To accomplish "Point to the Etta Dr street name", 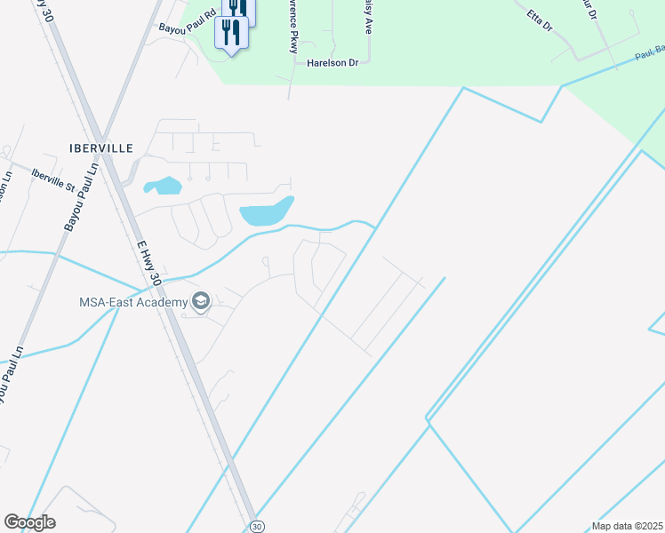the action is pyautogui.click(x=540, y=20).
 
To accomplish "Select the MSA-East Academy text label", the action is pyautogui.click(x=133, y=302).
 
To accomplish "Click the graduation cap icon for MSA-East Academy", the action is pyautogui.click(x=201, y=302).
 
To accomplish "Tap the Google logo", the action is pyautogui.click(x=29, y=522).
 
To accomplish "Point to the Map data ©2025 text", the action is pyautogui.click(x=627, y=526).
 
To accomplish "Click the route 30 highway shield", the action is pyautogui.click(x=256, y=526).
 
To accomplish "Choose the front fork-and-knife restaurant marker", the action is pyautogui.click(x=231, y=34).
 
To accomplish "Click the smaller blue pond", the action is pyautogui.click(x=164, y=187).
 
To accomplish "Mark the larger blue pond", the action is pyautogui.click(x=266, y=212).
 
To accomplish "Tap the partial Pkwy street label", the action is pyautogui.click(x=292, y=27).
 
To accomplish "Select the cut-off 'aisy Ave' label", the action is pyautogui.click(x=367, y=17).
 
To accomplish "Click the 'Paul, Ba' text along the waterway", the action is pyautogui.click(x=649, y=54).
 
